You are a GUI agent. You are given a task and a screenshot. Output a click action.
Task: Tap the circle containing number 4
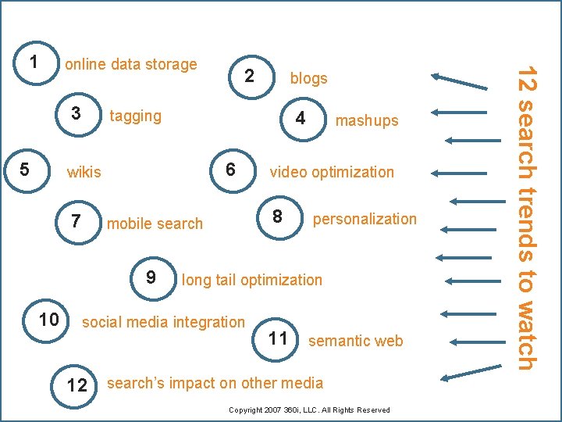pyautogui.click(x=300, y=118)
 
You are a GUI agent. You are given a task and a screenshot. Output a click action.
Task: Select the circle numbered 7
pyautogui.click(x=76, y=221)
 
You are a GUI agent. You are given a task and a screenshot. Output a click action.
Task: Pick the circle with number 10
pyautogui.click(x=48, y=319)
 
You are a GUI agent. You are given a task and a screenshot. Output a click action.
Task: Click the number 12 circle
pyautogui.click(x=77, y=384)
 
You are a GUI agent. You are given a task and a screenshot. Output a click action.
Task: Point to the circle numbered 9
pyautogui.click(x=151, y=277)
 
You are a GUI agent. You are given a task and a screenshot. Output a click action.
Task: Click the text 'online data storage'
pyautogui.click(x=131, y=64)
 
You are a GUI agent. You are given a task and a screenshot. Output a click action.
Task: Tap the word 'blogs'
pyautogui.click(x=308, y=78)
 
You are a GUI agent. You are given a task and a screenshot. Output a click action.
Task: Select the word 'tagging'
pyautogui.click(x=136, y=116)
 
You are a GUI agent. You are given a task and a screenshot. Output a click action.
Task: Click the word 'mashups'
pyautogui.click(x=366, y=120)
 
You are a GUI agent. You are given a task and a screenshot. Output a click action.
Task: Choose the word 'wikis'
pyautogui.click(x=84, y=172)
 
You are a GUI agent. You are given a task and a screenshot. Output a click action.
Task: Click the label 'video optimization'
pyautogui.click(x=332, y=172)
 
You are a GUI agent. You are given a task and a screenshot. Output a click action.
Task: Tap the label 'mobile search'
pyautogui.click(x=155, y=224)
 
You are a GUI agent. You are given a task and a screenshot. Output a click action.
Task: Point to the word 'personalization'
pyautogui.click(x=365, y=219)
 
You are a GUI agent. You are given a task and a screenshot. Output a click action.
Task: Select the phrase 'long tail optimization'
pyautogui.click(x=251, y=280)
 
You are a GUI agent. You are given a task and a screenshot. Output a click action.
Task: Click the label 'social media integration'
pyautogui.click(x=163, y=322)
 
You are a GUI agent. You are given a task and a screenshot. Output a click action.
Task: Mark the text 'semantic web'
pyautogui.click(x=356, y=341)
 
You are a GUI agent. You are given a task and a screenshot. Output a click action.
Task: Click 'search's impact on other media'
pyautogui.click(x=215, y=383)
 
